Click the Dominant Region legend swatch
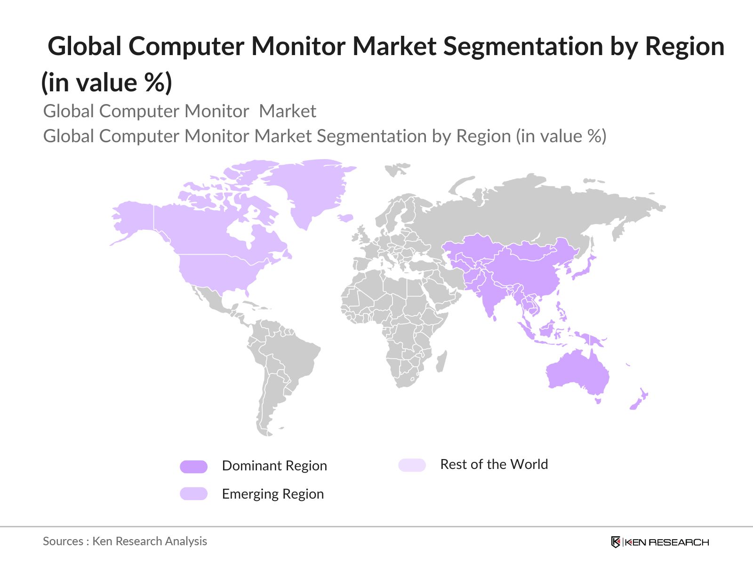(193, 467)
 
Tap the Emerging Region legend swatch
(193, 494)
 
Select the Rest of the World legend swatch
(412, 465)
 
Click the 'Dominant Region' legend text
(274, 466)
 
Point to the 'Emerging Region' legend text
(273, 494)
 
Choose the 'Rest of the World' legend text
(494, 464)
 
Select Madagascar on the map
(441, 362)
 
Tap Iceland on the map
(346, 218)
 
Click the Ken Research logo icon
(616, 542)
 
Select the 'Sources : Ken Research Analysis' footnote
(125, 541)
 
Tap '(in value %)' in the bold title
(107, 82)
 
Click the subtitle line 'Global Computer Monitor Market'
(179, 111)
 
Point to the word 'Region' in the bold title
(685, 47)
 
